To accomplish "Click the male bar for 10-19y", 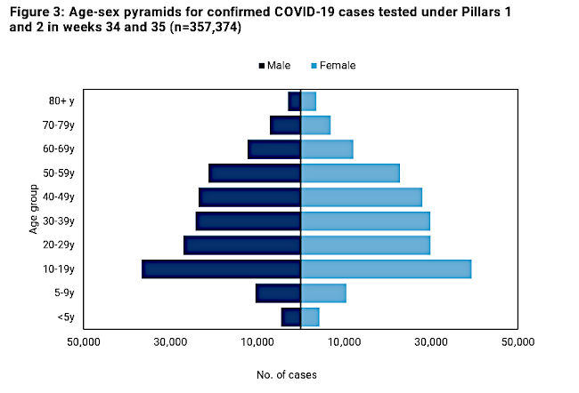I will point(221,269).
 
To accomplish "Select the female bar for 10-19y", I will point(386,269).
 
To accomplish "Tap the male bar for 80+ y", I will point(295,101).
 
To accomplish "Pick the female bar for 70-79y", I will point(315,125).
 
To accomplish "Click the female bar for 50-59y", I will point(350,173).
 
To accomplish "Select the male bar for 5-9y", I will point(279,293).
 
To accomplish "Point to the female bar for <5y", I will point(310,317).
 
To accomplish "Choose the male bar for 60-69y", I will point(274,149).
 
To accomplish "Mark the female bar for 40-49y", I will point(361,197).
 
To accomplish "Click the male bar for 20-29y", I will point(242,245).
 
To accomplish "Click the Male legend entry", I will point(274,65).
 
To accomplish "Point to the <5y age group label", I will point(66,317).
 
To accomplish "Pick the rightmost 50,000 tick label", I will point(518,341).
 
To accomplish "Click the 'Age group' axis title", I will point(33,209).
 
